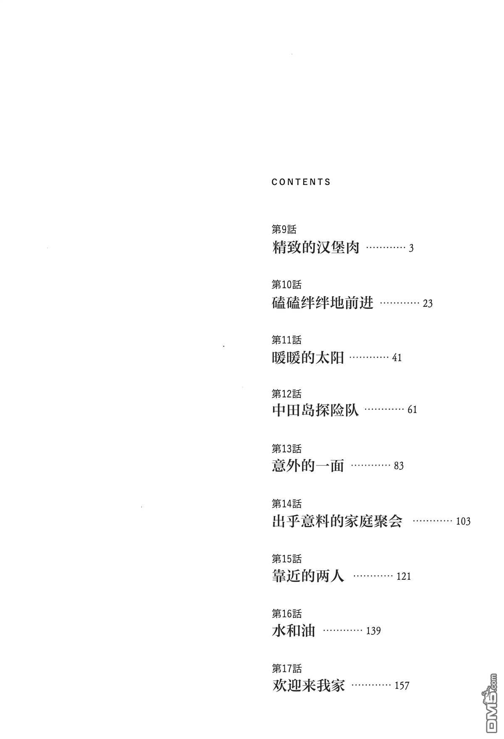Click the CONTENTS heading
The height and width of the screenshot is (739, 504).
pos(301,182)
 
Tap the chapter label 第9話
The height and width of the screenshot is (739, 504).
pos(284,229)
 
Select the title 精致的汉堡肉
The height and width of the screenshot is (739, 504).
pos(316,247)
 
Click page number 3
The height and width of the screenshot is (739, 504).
pos(411,248)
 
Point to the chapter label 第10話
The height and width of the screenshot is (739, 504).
pos(286,285)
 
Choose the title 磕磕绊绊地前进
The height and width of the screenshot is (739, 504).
pos(323,302)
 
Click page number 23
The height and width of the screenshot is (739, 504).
pos(428,303)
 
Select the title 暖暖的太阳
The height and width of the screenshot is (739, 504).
pos(308,358)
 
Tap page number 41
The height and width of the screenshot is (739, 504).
pos(396,358)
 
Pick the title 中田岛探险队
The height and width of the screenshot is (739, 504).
pos(315,410)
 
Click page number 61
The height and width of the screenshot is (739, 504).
pos(412,410)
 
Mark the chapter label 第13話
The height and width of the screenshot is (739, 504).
pos(286,449)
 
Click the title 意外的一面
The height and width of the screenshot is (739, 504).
pos(308,465)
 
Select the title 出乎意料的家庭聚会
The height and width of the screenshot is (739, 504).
pos(337,521)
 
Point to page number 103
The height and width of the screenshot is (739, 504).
pos(463,521)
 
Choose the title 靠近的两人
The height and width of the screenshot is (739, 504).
pos(308,576)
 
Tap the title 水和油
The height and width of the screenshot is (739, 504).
pos(294,631)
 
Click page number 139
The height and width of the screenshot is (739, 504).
pos(373,631)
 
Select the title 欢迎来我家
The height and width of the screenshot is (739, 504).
pos(308,686)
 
